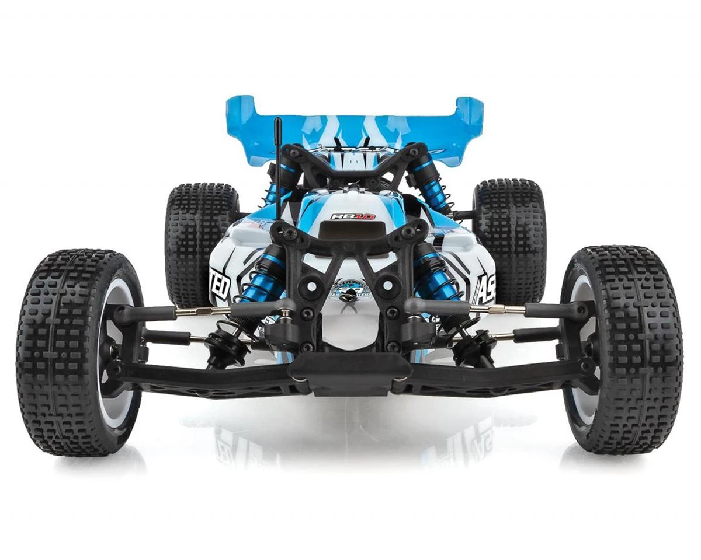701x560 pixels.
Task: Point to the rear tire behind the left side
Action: [196, 233]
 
